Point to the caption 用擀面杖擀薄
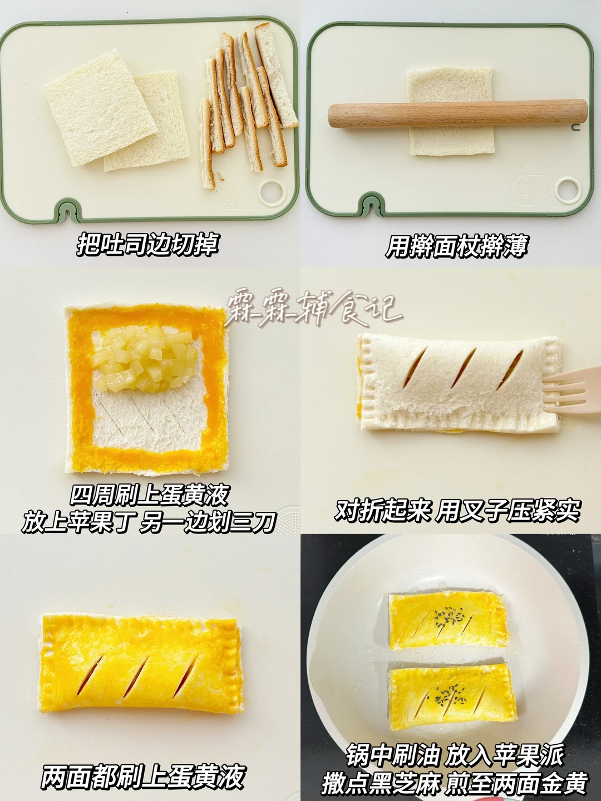coord(456,246)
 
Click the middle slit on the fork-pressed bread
coord(463,368)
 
